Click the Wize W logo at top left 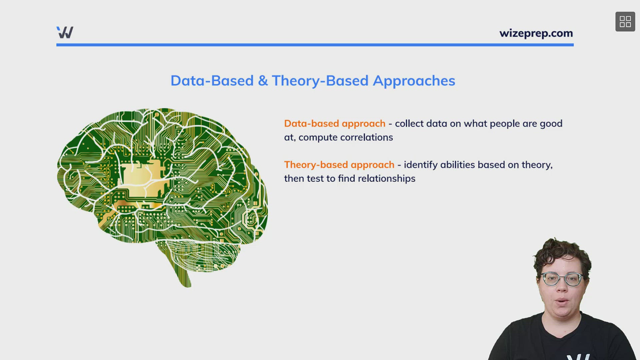[65, 32]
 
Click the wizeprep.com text [536, 33]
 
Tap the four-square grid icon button [625, 22]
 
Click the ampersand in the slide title [263, 81]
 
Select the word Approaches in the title [414, 81]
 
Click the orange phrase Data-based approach [335, 124]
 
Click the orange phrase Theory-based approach [339, 165]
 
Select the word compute [318, 137]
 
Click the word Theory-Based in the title [320, 81]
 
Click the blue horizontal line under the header [315, 45]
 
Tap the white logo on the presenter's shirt [578, 357]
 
